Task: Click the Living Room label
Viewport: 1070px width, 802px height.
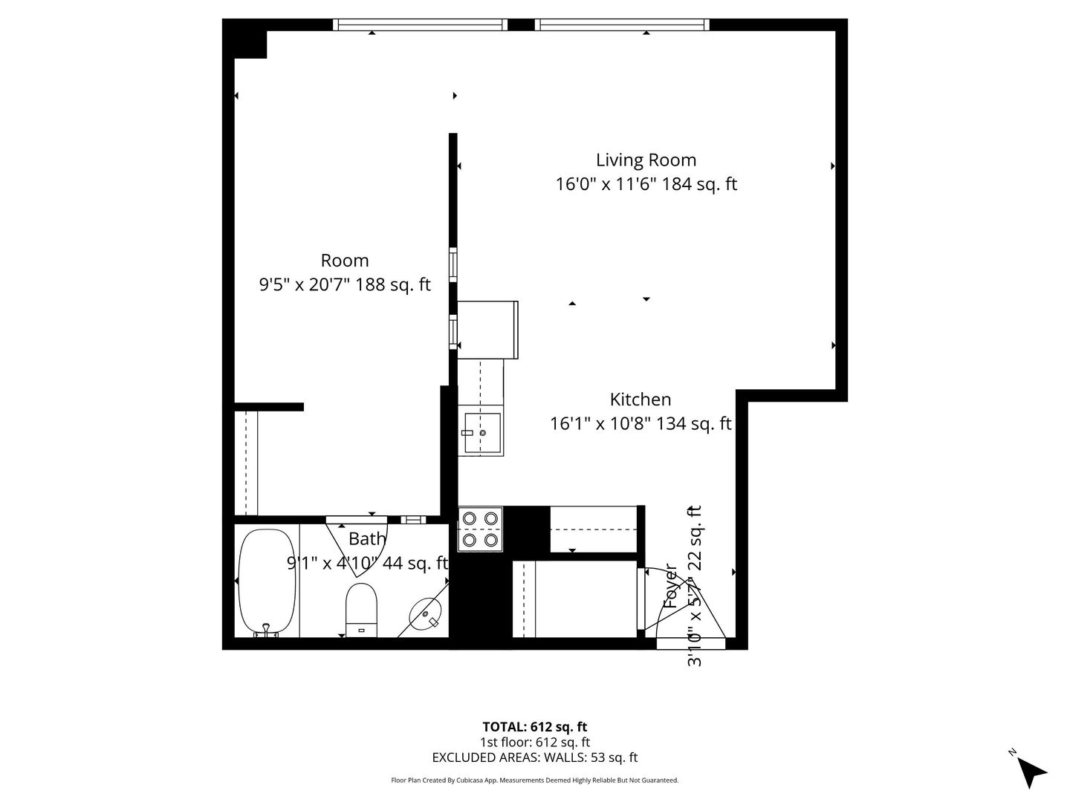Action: (646, 160)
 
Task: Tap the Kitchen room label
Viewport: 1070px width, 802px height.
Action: (640, 400)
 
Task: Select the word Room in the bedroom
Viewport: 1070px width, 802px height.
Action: (344, 261)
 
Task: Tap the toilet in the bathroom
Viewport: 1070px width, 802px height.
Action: (362, 610)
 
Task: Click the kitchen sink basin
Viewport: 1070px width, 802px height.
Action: (481, 433)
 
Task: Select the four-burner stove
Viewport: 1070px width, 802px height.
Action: (480, 529)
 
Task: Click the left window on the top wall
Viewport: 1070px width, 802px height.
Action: (420, 25)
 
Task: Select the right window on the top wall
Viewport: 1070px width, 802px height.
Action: (622, 25)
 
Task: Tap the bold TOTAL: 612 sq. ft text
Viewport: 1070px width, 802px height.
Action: (534, 726)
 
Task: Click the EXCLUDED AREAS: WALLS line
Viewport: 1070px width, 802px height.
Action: (534, 757)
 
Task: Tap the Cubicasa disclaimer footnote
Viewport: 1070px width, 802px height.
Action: (534, 780)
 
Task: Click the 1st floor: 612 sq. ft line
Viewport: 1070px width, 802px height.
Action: (534, 742)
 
